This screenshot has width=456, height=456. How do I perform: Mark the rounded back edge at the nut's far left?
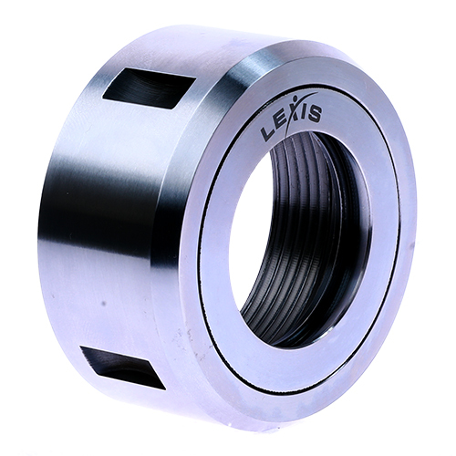pos(43,228)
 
